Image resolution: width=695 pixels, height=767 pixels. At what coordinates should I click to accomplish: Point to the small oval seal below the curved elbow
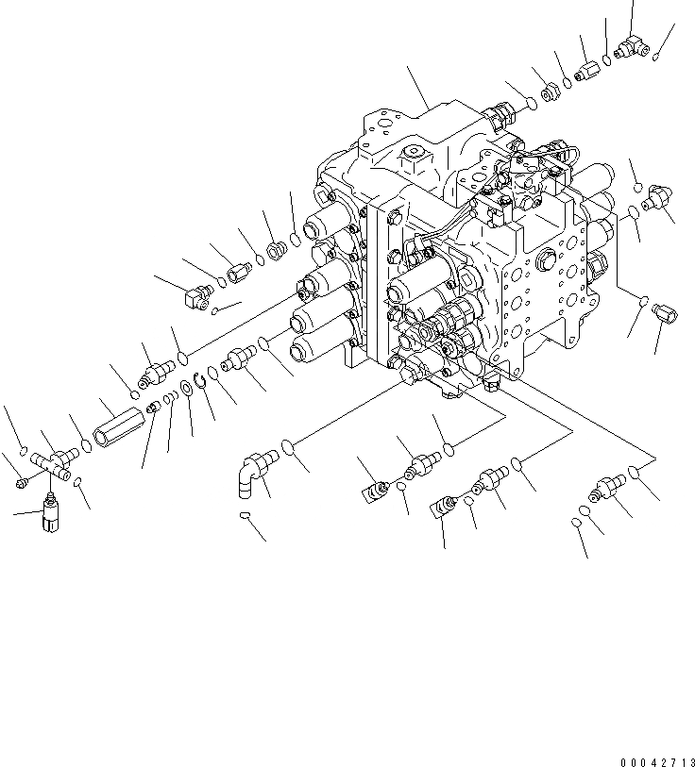244,516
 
